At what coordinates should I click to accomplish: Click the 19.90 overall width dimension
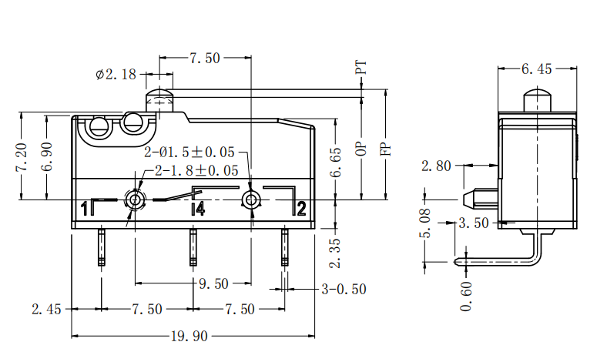pyautogui.click(x=192, y=337)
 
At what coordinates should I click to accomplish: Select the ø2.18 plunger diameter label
pyautogui.click(x=116, y=74)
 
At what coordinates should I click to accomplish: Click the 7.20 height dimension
pyautogui.click(x=22, y=157)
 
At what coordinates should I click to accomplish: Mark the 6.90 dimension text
pyautogui.click(x=47, y=157)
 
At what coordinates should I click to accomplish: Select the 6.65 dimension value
pyautogui.click(x=335, y=163)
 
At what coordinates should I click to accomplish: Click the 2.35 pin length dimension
pyautogui.click(x=335, y=253)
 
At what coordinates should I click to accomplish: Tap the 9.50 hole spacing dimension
pyautogui.click(x=213, y=283)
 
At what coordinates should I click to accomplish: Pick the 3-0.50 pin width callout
pyautogui.click(x=343, y=290)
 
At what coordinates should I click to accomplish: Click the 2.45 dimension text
pyautogui.click(x=46, y=310)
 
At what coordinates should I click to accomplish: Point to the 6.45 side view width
pyautogui.click(x=537, y=69)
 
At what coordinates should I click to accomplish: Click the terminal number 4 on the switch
pyautogui.click(x=198, y=208)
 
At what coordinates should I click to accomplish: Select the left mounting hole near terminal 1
pyautogui.click(x=136, y=200)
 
